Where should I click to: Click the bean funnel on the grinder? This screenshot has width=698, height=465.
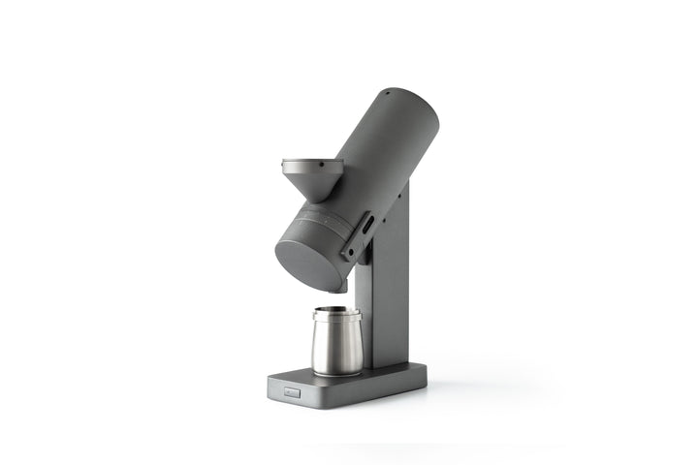[312, 174]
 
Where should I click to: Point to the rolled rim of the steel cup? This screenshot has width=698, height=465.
[336, 314]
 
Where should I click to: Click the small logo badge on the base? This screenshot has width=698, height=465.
[293, 392]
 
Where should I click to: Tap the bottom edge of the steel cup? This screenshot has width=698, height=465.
[336, 373]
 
